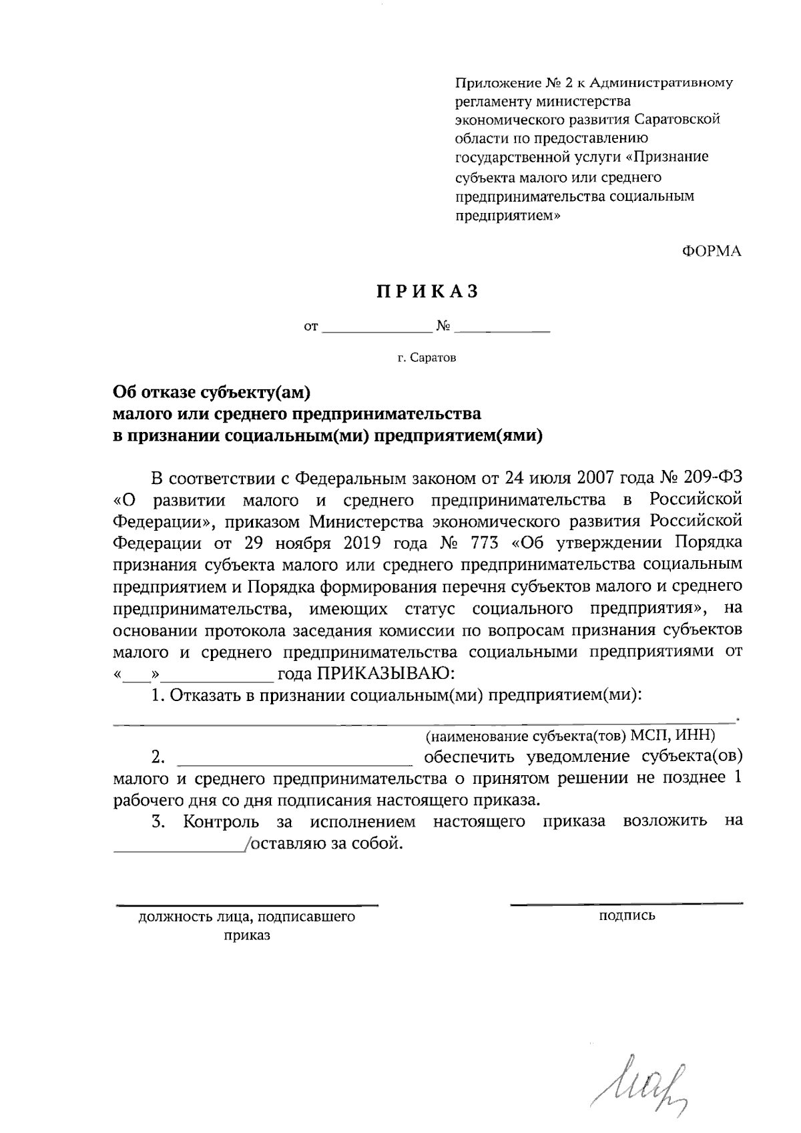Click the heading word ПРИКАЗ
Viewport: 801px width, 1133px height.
[x=427, y=292]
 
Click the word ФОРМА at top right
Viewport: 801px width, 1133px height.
[x=712, y=252]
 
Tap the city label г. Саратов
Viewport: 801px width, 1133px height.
[x=427, y=359]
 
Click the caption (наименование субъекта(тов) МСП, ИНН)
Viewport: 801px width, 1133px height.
[x=571, y=736]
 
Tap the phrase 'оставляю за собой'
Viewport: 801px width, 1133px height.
[x=327, y=843]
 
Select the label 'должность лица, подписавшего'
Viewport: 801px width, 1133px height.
[x=247, y=917]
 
